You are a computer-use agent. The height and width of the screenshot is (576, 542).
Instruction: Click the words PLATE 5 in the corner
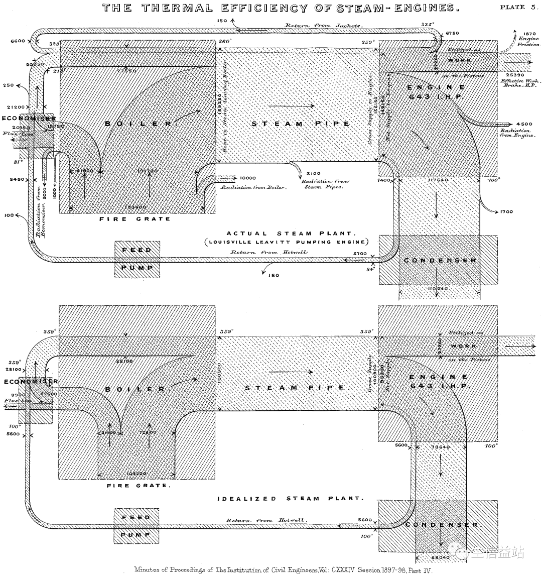click(519, 7)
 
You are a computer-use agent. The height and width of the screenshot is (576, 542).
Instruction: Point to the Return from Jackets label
click(324, 25)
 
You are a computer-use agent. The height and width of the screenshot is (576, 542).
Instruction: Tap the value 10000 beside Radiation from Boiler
click(248, 178)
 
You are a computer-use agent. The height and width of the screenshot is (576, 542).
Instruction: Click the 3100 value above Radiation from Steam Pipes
click(312, 173)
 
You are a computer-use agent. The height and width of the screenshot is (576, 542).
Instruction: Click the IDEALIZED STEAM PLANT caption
click(290, 499)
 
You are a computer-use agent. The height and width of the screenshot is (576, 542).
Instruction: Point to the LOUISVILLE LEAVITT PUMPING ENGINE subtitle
click(286, 242)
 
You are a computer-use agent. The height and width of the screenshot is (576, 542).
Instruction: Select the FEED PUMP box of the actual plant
click(137, 259)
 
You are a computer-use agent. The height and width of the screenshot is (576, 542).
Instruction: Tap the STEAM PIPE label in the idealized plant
click(296, 388)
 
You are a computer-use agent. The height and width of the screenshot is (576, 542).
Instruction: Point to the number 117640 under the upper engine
click(438, 179)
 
